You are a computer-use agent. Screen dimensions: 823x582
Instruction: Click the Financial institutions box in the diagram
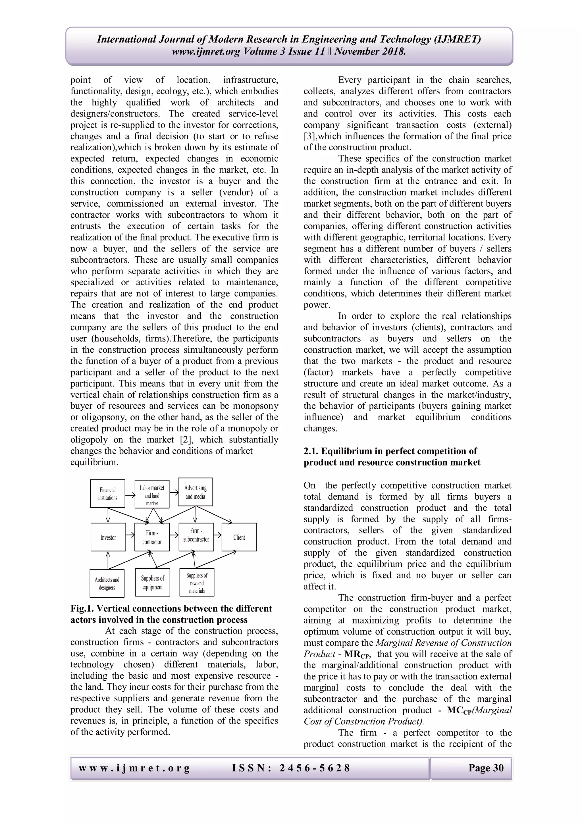107,494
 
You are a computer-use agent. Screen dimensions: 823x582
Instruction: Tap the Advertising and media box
195,492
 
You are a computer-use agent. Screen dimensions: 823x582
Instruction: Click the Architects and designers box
107,583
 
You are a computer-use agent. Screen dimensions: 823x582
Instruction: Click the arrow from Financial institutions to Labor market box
130,496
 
